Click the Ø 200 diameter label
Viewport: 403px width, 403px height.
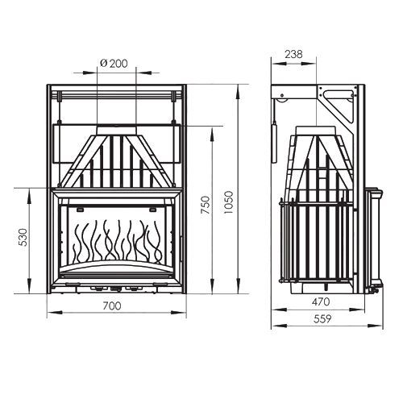114,64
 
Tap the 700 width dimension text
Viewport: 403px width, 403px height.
112,305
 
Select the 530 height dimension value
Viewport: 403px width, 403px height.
23,237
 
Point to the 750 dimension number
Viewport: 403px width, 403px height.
206,205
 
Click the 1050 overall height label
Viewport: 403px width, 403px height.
229,202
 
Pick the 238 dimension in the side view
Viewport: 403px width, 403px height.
293,54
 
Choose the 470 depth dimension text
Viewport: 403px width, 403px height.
321,301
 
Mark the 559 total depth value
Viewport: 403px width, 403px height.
322,319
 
